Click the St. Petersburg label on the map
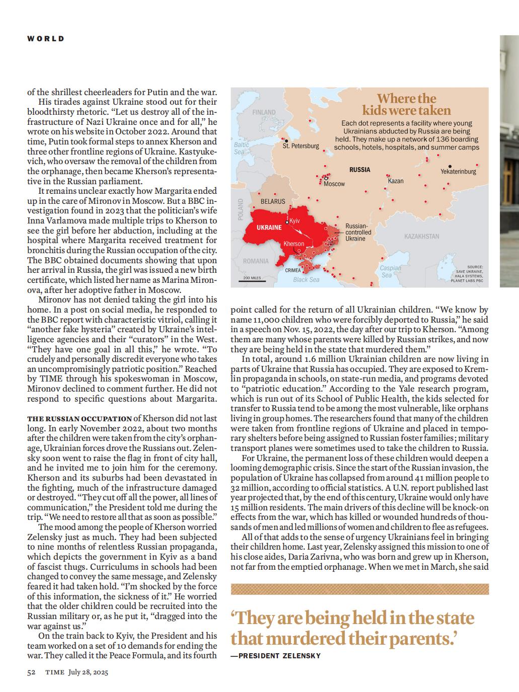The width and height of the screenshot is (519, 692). (301, 146)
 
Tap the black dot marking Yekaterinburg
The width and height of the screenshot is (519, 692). (450, 166)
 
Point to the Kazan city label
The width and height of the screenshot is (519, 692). (396, 181)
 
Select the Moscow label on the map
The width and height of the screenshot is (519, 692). (334, 184)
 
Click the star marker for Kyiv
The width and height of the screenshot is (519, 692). (287, 222)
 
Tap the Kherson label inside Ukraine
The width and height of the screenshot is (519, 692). (294, 244)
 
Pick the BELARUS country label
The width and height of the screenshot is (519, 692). (273, 201)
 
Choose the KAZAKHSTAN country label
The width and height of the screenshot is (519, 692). (421, 236)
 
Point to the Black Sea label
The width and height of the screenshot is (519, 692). (306, 280)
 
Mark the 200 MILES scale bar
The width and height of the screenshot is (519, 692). (252, 280)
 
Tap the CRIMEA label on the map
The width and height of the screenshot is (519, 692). (293, 270)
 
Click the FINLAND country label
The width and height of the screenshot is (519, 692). (264, 112)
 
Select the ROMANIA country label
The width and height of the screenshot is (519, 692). (256, 261)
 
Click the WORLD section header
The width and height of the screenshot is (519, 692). (46, 38)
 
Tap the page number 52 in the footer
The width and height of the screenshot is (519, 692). (31, 672)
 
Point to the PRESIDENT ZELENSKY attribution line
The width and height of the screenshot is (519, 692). (275, 655)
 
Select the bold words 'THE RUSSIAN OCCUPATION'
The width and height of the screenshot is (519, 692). (80, 418)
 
